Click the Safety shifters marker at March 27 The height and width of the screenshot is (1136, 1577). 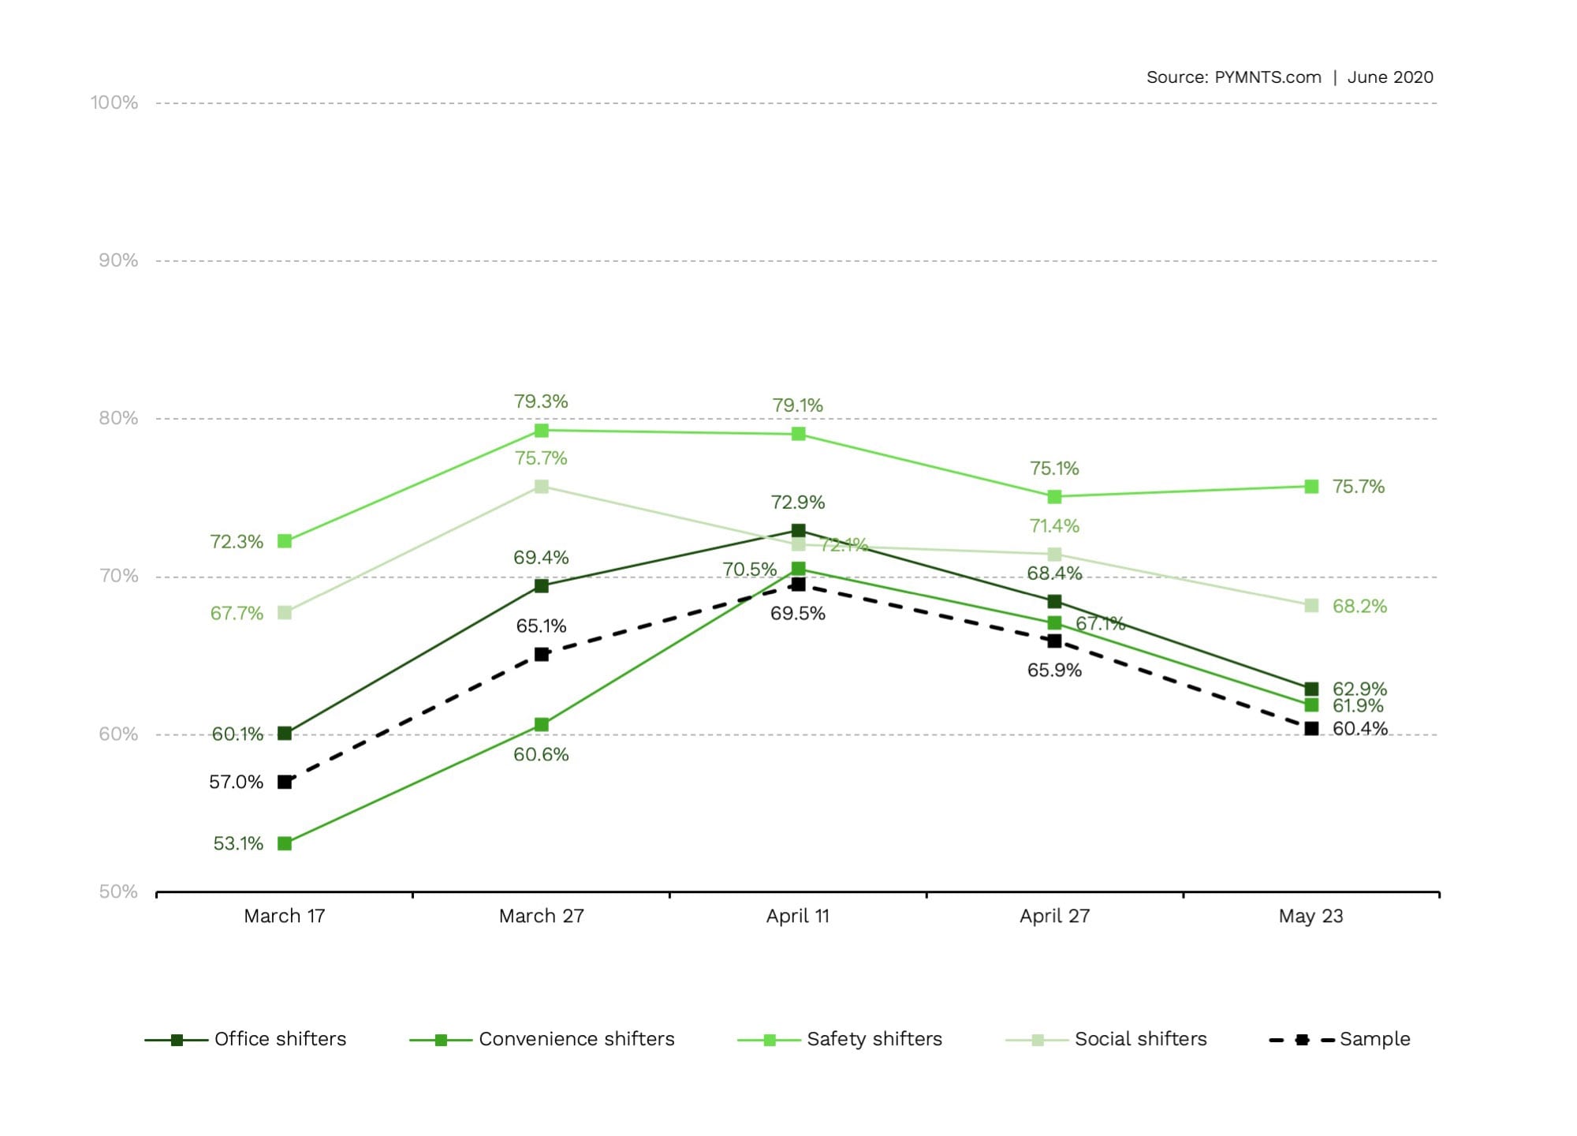[541, 430]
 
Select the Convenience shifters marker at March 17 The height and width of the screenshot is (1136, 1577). [285, 843]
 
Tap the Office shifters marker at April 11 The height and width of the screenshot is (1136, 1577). [798, 530]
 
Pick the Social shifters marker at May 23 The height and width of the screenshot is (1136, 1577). [1311, 605]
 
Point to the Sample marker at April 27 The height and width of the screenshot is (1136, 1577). [1054, 641]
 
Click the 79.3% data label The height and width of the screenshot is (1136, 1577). [541, 402]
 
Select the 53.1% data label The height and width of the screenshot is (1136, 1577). [238, 843]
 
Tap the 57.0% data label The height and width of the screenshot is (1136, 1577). [236, 782]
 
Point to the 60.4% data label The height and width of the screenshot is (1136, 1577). [1359, 728]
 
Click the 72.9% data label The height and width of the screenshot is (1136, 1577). [798, 503]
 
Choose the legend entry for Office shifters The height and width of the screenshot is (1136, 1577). [246, 1039]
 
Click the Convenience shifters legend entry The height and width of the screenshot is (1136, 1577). [542, 1039]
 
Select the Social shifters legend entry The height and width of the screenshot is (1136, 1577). [1106, 1039]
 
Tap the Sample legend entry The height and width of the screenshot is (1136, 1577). [1340, 1039]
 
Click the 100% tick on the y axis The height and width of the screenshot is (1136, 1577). [114, 103]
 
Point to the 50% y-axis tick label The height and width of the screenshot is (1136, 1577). [118, 891]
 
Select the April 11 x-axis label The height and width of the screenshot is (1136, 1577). [798, 916]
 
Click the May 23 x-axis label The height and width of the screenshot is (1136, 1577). [1310, 916]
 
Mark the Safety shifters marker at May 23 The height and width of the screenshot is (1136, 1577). [1311, 487]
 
